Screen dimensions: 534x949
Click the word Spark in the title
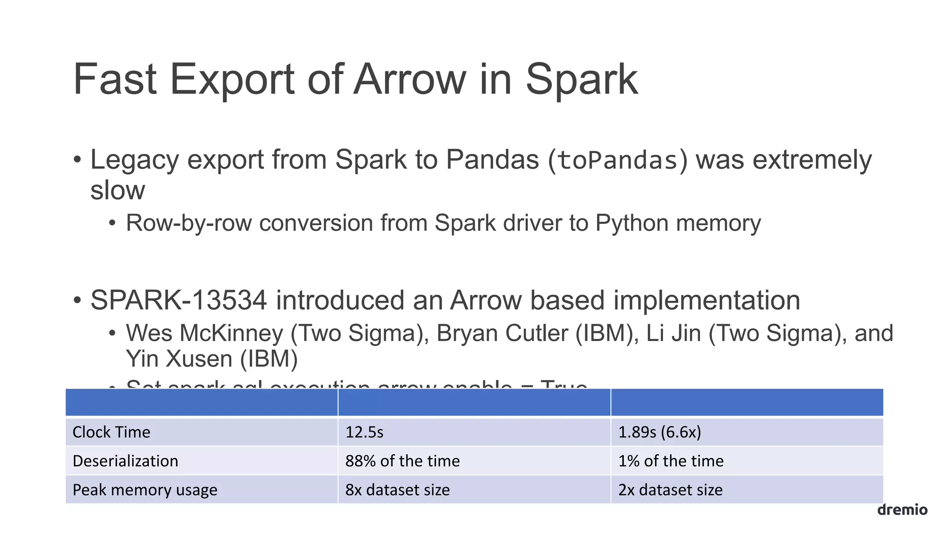(x=581, y=80)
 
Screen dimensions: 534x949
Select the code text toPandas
(x=618, y=161)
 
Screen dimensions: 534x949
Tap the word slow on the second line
(x=118, y=191)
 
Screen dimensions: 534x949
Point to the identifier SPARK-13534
(x=178, y=300)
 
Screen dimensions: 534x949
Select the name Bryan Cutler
(x=502, y=333)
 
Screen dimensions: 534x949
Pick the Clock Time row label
(x=111, y=432)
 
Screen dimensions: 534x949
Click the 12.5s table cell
(x=364, y=432)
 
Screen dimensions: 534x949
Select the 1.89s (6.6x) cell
(x=659, y=432)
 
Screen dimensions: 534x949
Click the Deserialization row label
(x=125, y=461)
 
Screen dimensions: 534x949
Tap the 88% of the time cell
(x=402, y=461)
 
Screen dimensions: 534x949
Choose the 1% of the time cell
(x=671, y=461)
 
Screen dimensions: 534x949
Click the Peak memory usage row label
(x=145, y=490)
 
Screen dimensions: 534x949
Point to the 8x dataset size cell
(x=397, y=490)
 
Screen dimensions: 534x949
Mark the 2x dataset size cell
(x=670, y=490)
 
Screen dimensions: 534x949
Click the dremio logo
(x=902, y=510)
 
